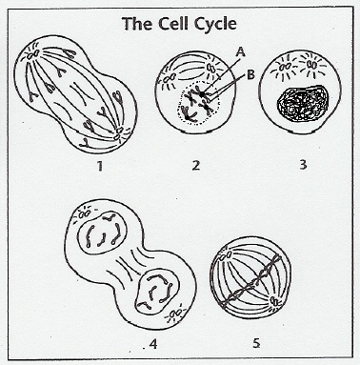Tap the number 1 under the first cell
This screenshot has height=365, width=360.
(x=100, y=166)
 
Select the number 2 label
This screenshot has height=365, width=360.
(x=196, y=165)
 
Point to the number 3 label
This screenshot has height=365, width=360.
(x=303, y=165)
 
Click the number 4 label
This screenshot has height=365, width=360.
(x=153, y=345)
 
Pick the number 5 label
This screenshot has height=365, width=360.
(x=256, y=343)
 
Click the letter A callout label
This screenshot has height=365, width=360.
(x=241, y=52)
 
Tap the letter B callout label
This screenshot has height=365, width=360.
(x=250, y=75)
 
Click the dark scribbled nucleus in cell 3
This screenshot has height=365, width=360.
(x=302, y=104)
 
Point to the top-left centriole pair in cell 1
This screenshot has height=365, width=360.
(x=33, y=54)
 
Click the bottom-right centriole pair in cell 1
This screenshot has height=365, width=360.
(x=118, y=133)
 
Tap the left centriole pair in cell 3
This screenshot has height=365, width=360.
(x=283, y=68)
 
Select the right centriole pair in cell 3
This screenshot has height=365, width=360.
(x=311, y=65)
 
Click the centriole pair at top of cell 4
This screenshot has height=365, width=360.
(x=84, y=214)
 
